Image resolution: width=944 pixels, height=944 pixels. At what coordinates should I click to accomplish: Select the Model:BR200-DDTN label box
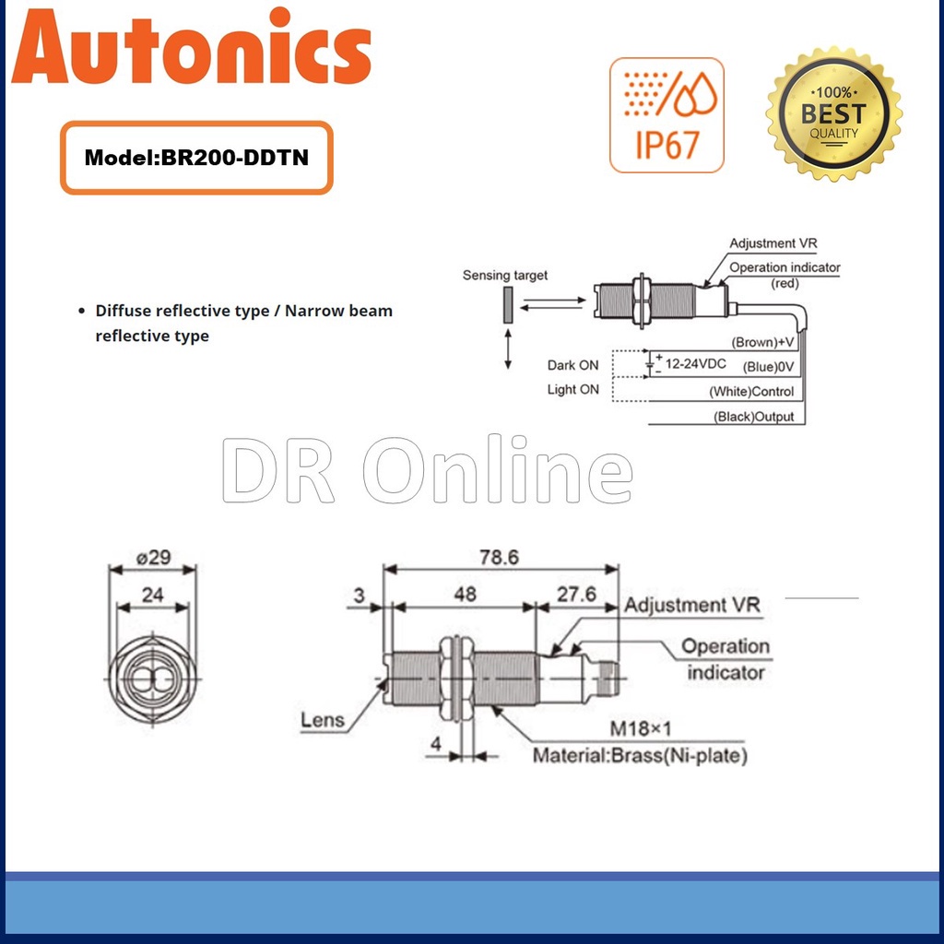click(196, 158)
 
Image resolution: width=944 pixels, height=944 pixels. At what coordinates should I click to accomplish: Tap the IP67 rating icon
click(667, 114)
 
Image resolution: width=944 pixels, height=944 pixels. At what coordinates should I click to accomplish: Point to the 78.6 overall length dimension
click(498, 557)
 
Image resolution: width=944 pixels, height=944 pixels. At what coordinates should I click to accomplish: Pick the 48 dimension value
click(465, 594)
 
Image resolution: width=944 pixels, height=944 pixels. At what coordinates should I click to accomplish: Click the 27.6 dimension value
click(577, 594)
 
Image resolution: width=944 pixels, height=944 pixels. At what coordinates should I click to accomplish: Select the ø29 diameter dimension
click(152, 557)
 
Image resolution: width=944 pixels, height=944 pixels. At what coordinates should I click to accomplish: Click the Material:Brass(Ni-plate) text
click(640, 756)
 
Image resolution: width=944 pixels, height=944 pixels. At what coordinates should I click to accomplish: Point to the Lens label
click(323, 720)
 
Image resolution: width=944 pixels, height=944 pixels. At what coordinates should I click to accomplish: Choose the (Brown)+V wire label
click(762, 342)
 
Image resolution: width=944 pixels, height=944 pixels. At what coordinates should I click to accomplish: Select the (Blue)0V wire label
click(768, 367)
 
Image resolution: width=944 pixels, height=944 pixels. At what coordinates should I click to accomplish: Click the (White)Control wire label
click(751, 392)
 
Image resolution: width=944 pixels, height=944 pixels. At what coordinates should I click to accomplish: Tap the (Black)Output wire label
click(753, 417)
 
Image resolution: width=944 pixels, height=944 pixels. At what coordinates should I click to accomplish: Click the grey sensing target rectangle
click(507, 304)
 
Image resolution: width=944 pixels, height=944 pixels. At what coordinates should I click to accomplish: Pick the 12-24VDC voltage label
click(695, 364)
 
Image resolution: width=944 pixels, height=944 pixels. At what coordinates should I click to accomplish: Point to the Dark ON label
click(572, 365)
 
